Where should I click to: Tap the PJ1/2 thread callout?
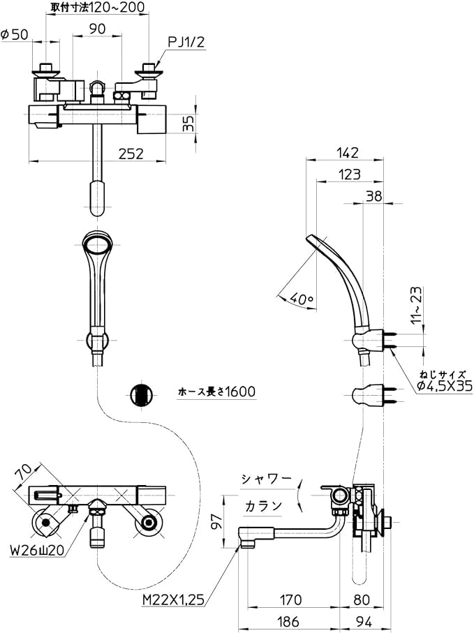tap(185, 42)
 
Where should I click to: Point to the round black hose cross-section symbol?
tap(140, 394)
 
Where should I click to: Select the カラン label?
tap(262, 505)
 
